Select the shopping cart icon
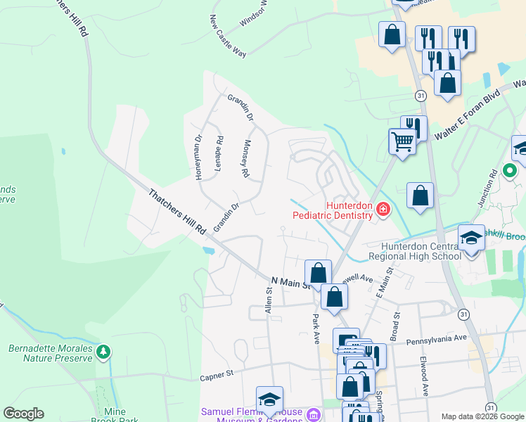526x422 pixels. (402, 141)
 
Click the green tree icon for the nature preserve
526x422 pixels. (103, 350)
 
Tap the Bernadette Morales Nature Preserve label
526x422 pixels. (50, 353)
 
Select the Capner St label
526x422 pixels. (217, 377)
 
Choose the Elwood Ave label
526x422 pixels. (425, 381)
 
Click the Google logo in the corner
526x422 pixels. (23, 414)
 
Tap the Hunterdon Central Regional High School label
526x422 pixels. (421, 251)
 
